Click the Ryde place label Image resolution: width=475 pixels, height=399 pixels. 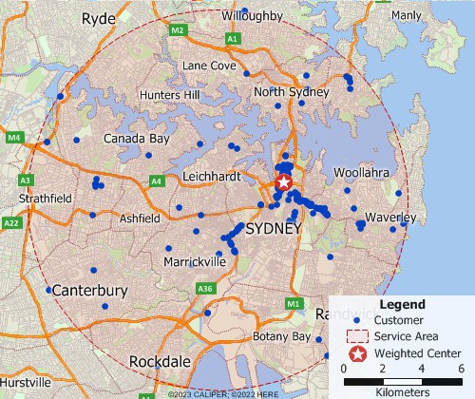[98, 19]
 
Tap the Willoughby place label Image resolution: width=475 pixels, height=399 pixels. [252, 16]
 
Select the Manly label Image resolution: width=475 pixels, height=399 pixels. [406, 15]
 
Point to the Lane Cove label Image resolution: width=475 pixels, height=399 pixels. [208, 66]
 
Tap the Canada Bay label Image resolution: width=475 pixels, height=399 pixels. [136, 139]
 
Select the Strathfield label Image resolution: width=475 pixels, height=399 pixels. [46, 198]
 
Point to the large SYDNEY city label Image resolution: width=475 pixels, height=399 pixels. [273, 231]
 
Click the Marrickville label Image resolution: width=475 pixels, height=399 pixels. [194, 260]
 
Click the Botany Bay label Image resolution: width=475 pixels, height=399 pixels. [282, 336]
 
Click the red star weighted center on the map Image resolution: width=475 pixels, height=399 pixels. [284, 182]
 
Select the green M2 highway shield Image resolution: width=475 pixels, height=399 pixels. [178, 31]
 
